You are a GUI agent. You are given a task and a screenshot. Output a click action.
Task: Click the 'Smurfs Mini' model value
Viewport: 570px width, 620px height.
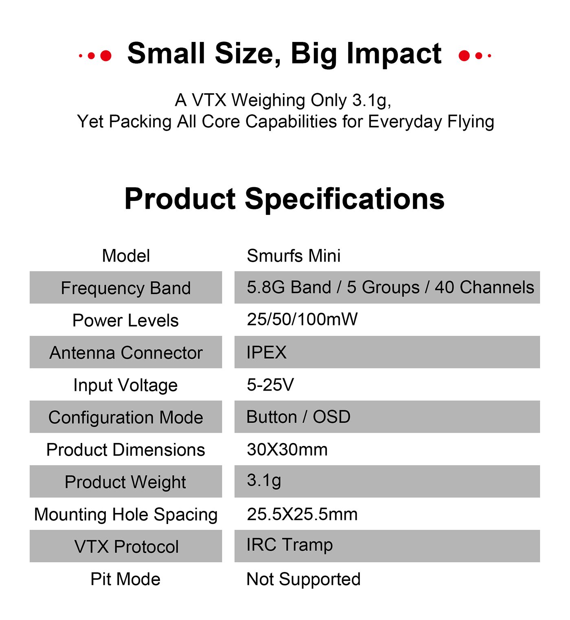294,255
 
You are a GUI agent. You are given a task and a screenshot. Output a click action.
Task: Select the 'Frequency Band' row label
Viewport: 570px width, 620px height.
126,288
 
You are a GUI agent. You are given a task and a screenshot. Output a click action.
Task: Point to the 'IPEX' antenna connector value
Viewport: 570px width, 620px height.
266,352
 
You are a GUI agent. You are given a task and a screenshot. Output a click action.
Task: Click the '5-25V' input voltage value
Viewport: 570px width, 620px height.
270,385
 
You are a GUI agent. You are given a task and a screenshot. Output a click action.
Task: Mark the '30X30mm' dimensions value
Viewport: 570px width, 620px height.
287,450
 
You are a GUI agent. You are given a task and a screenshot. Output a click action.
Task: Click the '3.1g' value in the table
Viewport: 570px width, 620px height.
264,481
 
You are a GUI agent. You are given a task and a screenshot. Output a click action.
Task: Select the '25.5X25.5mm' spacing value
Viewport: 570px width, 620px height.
302,514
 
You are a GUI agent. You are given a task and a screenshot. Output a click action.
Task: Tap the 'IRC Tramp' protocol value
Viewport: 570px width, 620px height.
289,545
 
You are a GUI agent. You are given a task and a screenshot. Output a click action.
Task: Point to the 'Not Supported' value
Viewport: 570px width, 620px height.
303,579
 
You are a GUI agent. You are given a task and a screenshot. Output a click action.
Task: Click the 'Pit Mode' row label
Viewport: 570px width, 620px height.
125,579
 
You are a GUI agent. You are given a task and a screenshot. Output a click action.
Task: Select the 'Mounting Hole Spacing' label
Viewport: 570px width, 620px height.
126,515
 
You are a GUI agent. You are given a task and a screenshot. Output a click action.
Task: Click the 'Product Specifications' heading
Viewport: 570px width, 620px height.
284,200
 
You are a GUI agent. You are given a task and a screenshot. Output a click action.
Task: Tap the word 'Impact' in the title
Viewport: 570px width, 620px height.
394,55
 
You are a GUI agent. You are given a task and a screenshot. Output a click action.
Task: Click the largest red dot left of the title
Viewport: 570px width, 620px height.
106,56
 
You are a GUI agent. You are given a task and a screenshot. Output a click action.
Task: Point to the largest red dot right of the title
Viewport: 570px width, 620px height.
464,56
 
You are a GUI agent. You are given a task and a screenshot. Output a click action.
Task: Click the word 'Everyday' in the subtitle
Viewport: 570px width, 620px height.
405,122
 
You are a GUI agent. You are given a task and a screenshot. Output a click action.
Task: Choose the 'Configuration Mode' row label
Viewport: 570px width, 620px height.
126,418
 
